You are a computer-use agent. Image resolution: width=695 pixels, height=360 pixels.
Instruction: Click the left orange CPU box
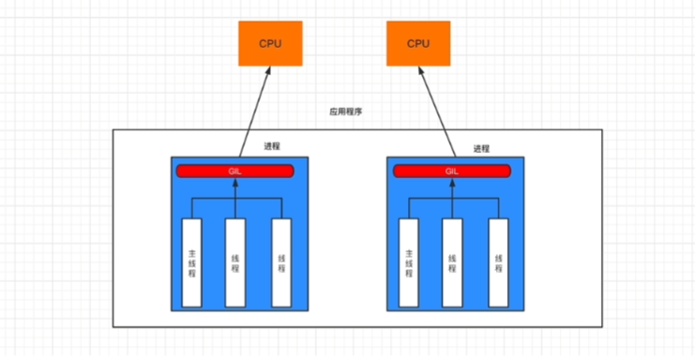coord(270,43)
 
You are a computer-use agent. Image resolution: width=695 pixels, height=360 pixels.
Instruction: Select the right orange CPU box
coord(418,43)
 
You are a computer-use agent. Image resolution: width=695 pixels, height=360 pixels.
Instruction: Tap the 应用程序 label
coord(346,112)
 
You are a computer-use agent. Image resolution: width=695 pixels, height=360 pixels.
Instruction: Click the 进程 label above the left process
coord(272,146)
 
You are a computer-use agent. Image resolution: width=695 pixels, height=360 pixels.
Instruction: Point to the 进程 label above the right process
coord(481,149)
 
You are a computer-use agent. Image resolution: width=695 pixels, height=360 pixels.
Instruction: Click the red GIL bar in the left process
coord(234,171)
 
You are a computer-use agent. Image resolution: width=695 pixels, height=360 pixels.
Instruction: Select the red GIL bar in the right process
coord(452,171)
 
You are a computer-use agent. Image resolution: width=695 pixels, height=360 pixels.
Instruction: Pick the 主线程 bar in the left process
coord(192,262)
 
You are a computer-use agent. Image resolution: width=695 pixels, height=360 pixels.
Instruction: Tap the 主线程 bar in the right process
coord(409,262)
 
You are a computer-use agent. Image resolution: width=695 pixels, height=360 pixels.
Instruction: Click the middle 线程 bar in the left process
coord(235,262)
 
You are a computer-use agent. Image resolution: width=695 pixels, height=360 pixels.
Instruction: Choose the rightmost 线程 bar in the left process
coord(281,262)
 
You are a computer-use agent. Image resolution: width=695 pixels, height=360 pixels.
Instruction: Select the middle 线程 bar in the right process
coord(452,262)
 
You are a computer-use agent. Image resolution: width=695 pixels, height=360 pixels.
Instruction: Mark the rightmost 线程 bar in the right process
coord(499,262)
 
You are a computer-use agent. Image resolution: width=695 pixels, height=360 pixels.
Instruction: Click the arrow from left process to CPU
coord(255,112)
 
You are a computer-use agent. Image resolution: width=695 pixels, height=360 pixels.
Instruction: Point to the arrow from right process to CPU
coord(437,112)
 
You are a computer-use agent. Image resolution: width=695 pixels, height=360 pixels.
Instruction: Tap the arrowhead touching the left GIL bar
coord(235,183)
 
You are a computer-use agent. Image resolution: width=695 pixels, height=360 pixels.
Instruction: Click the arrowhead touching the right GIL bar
coord(452,183)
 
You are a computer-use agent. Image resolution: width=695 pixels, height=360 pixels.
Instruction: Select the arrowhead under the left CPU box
coord(267,72)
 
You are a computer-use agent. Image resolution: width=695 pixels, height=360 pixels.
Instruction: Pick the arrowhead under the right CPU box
coord(421,72)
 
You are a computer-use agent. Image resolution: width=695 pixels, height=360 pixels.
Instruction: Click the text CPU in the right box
coord(418,44)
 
